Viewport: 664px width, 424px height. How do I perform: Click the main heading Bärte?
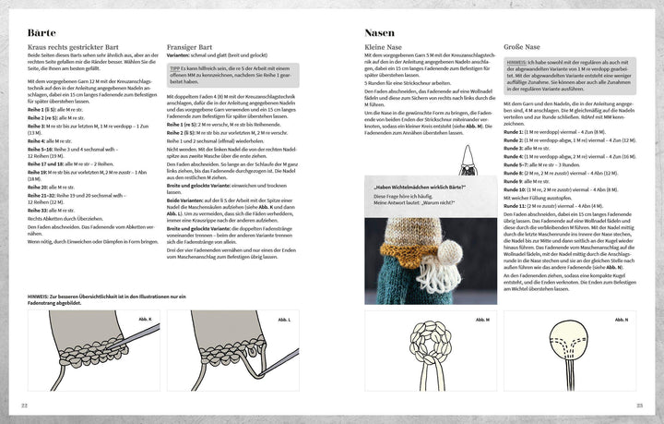42,32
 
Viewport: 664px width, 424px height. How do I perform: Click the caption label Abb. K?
146,320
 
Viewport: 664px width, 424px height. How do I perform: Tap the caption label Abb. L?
283,320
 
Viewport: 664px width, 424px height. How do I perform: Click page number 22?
25,406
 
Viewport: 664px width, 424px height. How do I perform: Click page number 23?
638,406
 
